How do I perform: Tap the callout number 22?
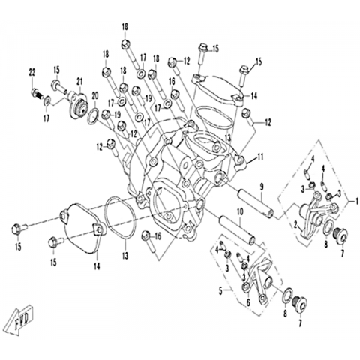tap(32, 73)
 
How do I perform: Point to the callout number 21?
tap(79, 82)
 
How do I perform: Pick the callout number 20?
tap(95, 96)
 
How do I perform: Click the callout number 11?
tap(260, 157)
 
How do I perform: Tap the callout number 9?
tap(262, 186)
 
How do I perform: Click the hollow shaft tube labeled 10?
tap(237, 230)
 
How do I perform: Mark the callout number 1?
tap(354, 201)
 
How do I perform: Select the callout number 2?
tap(296, 226)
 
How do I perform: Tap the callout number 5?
tap(220, 291)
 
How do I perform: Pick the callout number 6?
tap(248, 303)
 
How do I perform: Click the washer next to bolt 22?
tap(47, 101)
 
